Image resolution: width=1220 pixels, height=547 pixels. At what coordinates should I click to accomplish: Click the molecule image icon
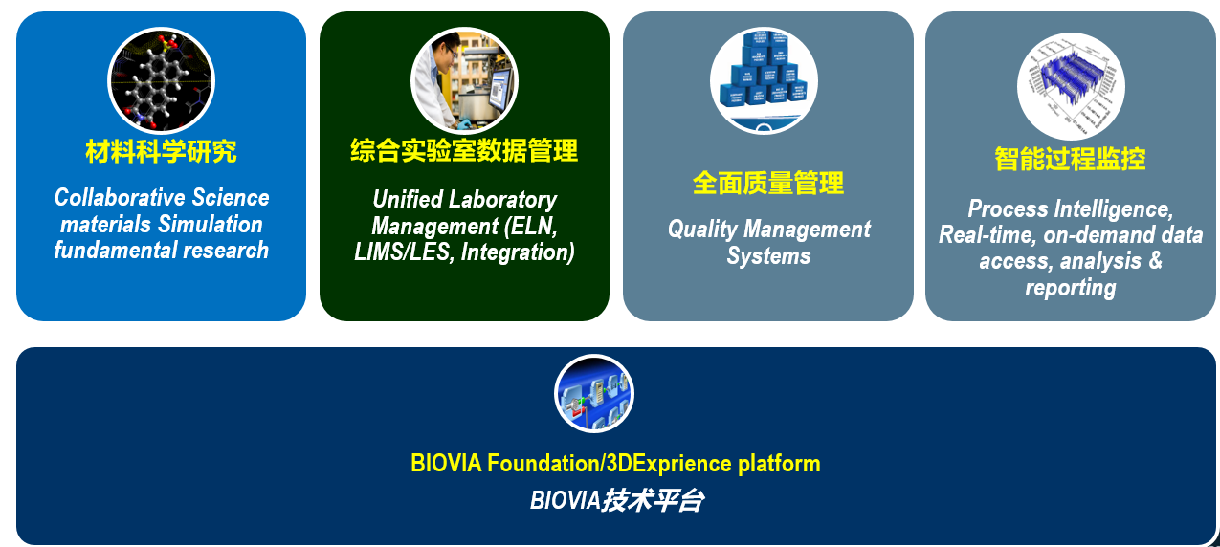[x=161, y=79]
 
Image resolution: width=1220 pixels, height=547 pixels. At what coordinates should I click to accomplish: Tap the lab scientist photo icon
[x=464, y=79]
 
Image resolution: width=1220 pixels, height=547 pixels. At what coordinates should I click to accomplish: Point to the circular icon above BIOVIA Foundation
[x=594, y=394]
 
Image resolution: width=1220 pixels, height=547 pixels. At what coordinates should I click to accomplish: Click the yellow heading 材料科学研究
[x=161, y=151]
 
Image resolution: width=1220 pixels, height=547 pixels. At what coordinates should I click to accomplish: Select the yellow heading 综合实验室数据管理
[x=464, y=150]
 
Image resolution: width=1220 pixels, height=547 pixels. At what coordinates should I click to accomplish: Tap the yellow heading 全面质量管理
[x=768, y=183]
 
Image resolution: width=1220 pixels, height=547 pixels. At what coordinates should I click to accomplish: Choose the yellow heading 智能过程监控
[x=1070, y=159]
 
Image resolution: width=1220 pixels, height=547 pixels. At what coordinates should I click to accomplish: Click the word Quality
[x=701, y=230]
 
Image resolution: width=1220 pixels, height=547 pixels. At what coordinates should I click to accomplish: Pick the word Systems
[x=768, y=256]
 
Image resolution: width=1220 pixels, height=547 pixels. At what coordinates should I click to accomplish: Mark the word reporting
[x=1070, y=288]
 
